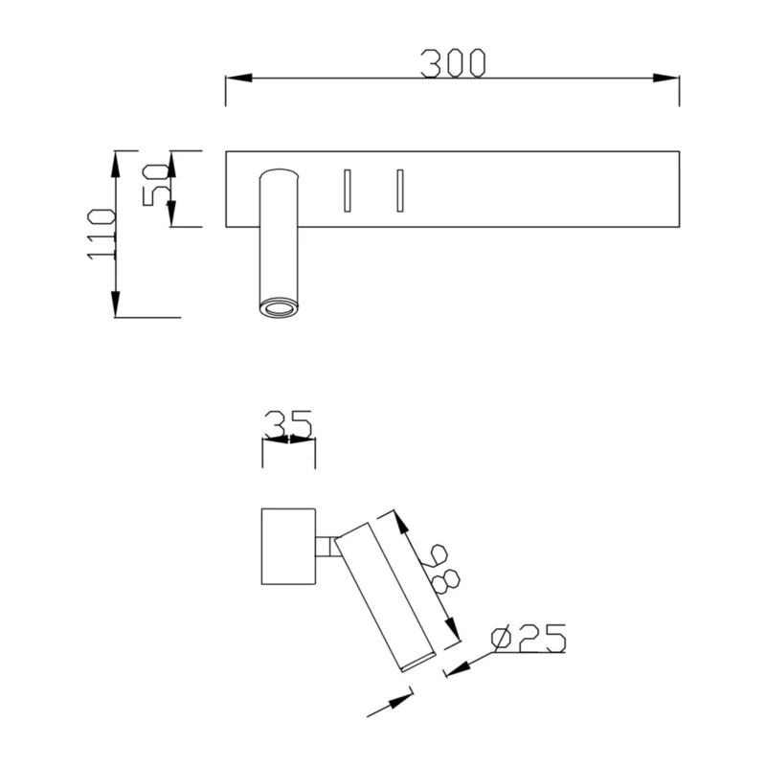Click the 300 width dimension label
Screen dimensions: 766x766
pyautogui.click(x=453, y=63)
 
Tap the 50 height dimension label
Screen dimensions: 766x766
pyautogui.click(x=155, y=185)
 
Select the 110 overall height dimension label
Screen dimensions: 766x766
pyautogui.click(x=101, y=234)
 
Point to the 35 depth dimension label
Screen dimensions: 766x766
pyautogui.click(x=288, y=424)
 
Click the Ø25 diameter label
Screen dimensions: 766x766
pyautogui.click(x=529, y=638)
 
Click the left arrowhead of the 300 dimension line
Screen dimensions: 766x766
pyautogui.click(x=238, y=78)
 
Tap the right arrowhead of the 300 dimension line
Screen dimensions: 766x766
pyautogui.click(x=665, y=78)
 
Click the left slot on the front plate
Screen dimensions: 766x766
pyautogui.click(x=347, y=191)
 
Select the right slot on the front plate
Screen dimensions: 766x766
pyautogui.click(x=400, y=191)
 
